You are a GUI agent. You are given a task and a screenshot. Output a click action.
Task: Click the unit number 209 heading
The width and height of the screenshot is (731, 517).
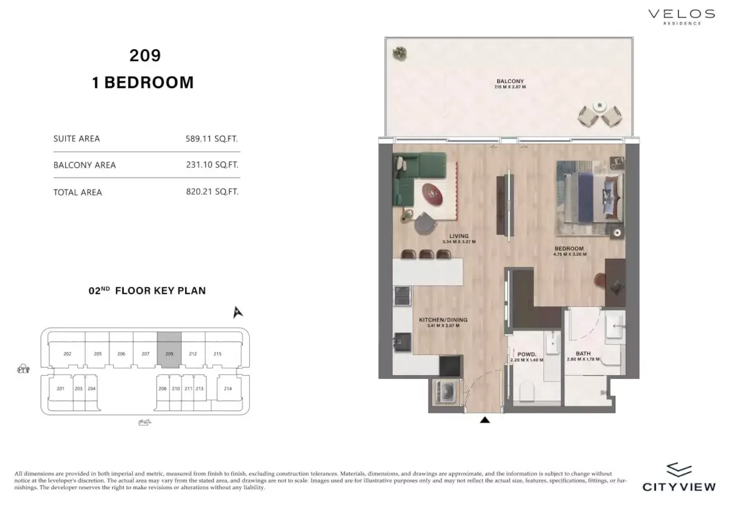click(x=145, y=55)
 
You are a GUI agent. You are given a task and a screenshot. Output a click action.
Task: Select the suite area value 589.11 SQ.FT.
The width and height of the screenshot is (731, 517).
click(x=212, y=138)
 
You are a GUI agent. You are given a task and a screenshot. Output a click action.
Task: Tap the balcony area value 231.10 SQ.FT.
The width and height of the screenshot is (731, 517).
click(x=212, y=164)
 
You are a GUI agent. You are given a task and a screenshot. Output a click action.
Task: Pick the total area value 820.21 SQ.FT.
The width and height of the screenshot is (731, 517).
click(x=212, y=192)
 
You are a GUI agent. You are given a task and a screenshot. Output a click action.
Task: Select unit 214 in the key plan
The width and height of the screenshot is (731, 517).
click(x=228, y=388)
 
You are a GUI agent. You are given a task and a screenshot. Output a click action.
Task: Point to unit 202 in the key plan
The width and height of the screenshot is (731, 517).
click(x=68, y=354)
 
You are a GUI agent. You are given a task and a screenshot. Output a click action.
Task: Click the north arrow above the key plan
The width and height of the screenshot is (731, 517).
click(x=238, y=312)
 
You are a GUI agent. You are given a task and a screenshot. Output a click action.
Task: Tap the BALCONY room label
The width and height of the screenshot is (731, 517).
click(x=510, y=82)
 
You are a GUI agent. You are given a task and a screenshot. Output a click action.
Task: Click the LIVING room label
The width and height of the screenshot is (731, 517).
click(x=459, y=236)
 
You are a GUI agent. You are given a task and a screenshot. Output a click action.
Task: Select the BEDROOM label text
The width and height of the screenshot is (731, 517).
click(x=569, y=248)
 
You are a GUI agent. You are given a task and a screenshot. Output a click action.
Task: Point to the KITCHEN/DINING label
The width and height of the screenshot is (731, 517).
click(x=439, y=320)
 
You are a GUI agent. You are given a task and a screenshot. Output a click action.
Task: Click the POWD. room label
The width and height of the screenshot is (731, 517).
click(x=526, y=354)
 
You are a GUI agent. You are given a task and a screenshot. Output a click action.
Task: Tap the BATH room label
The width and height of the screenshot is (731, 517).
click(x=583, y=354)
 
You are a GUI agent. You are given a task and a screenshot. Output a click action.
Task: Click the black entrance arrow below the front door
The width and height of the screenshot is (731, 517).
click(x=485, y=420)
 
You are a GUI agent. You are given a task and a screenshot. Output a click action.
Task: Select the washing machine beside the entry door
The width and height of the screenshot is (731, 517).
click(x=443, y=392)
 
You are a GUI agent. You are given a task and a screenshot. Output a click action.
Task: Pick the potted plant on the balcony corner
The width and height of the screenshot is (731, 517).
click(x=400, y=54)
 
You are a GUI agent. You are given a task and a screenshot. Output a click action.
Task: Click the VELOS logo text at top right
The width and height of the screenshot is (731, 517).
click(x=681, y=13)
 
